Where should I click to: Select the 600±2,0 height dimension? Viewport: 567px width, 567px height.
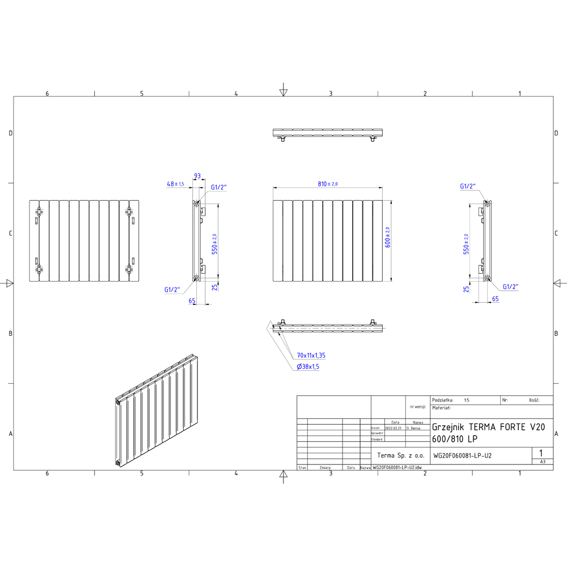point(388,238)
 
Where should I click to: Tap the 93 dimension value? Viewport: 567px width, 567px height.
point(197,176)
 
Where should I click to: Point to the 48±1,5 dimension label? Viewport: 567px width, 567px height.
point(176,184)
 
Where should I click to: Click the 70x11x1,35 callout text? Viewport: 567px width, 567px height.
point(311,356)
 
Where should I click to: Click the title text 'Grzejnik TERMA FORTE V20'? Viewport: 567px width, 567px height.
point(488,428)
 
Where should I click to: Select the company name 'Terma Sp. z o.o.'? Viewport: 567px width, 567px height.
point(401,455)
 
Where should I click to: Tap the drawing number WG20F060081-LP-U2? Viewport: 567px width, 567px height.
point(462,455)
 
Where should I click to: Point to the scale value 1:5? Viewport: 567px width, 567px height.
point(467,400)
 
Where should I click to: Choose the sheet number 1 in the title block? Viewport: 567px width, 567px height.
point(542,453)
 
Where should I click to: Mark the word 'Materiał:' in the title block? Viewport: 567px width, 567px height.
point(441,408)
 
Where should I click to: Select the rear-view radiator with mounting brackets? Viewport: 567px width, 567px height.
point(84,240)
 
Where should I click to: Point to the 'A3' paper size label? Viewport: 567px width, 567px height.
point(543,462)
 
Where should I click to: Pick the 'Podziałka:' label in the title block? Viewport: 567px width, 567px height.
point(443,400)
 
